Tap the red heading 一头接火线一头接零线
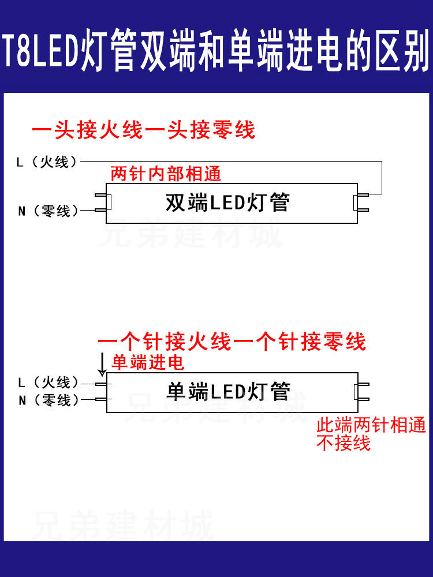[143, 130]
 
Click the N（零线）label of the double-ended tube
[47, 211]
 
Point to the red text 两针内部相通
[166, 174]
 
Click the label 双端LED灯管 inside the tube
[227, 203]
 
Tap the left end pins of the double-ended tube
[102, 203]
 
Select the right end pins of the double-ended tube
[360, 203]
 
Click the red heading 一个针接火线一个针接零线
[232, 342]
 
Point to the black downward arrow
[102, 364]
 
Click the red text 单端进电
[148, 362]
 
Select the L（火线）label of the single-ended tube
[47, 383]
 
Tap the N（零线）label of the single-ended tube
[47, 400]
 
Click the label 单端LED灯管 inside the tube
[228, 392]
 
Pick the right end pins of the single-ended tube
[360, 392]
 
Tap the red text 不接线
[343, 443]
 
